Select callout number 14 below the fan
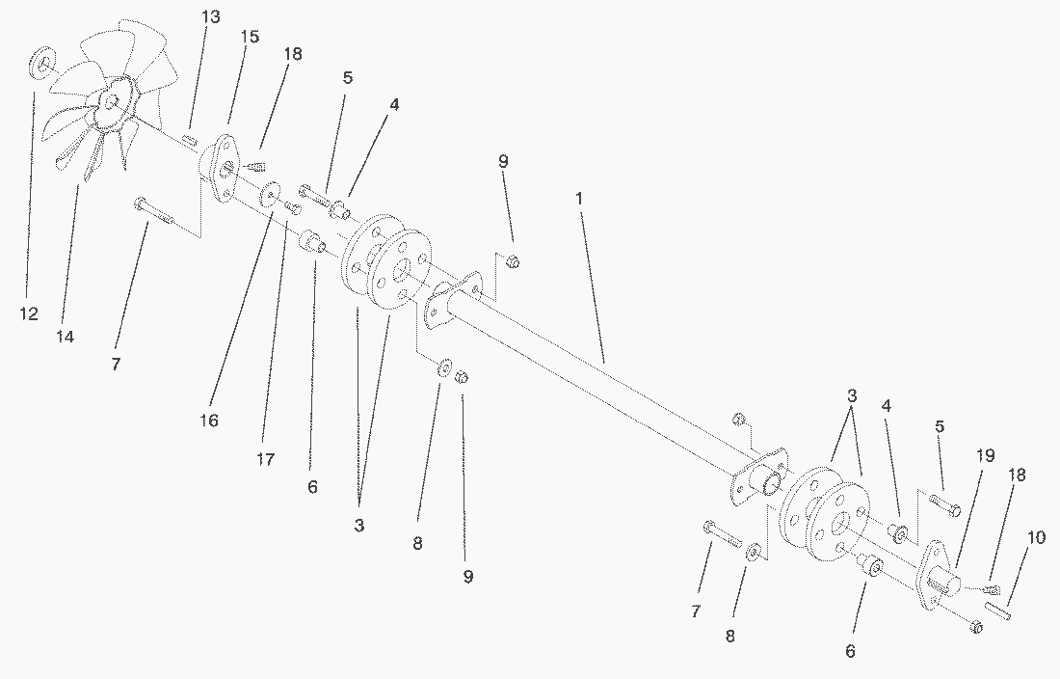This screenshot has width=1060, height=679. click(x=66, y=337)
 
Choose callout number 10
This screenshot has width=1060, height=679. click(x=1036, y=538)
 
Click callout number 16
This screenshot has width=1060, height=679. click(x=209, y=421)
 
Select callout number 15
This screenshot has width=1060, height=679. click(x=250, y=37)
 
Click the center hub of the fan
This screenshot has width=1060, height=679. click(x=113, y=100)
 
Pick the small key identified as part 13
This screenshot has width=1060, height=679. click(x=190, y=140)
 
